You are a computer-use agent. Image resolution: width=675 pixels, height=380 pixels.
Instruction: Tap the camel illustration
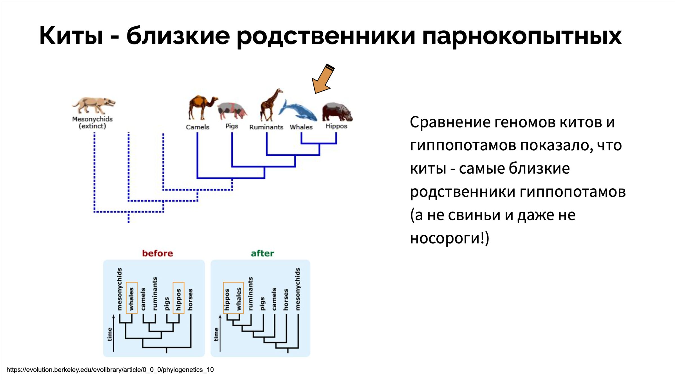click(201, 107)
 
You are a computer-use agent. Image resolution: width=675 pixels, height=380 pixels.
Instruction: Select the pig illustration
click(232, 110)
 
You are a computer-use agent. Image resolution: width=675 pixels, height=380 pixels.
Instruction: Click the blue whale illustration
click(298, 111)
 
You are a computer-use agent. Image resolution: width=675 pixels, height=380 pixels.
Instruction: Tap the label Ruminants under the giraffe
click(266, 127)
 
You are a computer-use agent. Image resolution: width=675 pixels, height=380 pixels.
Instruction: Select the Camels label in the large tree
click(198, 127)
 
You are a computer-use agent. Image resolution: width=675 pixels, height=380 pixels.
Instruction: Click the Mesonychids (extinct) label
click(92, 123)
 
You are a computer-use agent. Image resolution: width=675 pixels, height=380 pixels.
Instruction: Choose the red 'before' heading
click(157, 253)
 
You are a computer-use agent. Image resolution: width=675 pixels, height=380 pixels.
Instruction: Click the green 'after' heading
click(262, 253)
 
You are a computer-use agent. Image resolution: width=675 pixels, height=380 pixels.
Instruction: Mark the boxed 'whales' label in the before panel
click(131, 298)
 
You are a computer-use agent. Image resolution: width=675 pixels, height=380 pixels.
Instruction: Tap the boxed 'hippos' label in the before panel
click(178, 298)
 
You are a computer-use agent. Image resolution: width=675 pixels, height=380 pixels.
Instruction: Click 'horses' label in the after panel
click(286, 299)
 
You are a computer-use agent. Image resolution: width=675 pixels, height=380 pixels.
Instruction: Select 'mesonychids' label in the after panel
click(298, 289)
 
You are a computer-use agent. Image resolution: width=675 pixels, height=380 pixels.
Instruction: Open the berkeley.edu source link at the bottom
click(110, 370)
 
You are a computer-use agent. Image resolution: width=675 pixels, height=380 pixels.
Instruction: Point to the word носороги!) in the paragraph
click(449, 238)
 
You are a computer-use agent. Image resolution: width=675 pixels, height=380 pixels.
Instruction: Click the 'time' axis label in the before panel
click(110, 334)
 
